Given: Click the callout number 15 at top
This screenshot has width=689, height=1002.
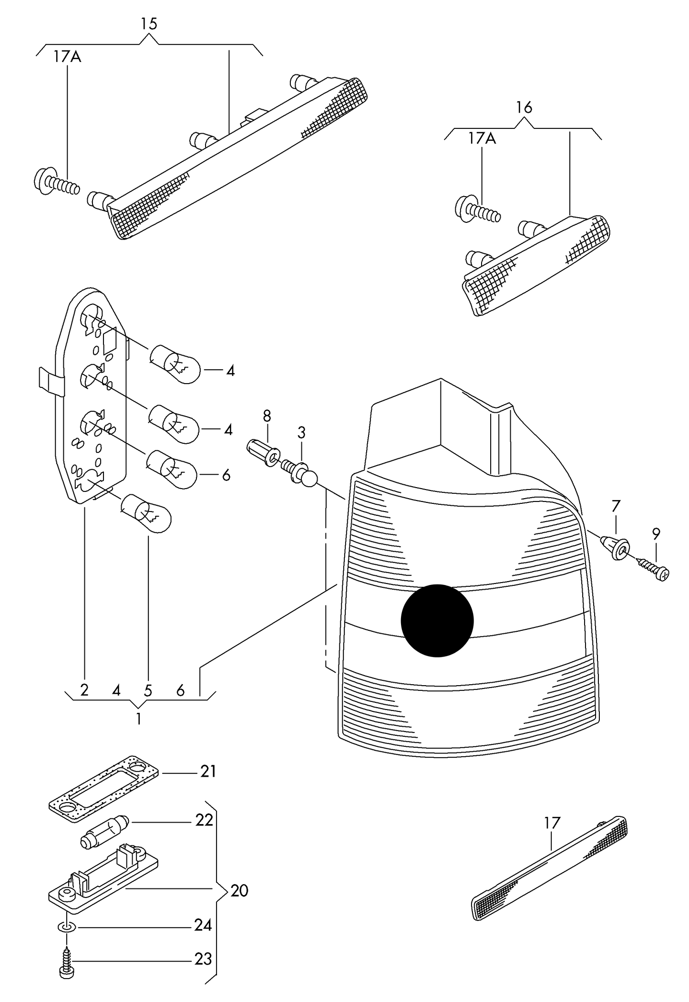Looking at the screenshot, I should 149,24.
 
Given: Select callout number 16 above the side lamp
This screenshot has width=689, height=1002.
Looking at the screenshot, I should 524,108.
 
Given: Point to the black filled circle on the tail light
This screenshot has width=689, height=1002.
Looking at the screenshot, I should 437,620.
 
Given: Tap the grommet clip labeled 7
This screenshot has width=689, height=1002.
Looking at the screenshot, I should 617,548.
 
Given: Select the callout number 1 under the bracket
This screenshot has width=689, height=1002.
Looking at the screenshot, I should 139,719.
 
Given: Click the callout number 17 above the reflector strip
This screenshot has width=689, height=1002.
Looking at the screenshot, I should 552,823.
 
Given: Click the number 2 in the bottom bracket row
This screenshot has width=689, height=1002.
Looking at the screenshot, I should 84,690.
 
